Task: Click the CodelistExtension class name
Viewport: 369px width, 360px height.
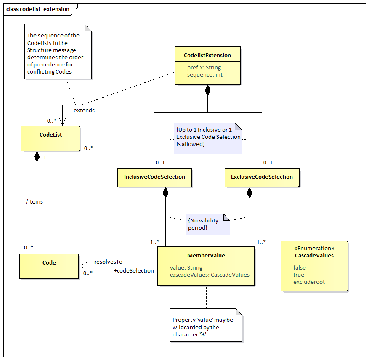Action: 207,55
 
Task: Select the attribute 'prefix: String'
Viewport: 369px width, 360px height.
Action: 204,68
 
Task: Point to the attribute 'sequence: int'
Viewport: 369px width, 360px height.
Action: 205,74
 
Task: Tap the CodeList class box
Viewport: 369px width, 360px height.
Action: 50,138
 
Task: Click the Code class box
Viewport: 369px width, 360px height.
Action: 49,266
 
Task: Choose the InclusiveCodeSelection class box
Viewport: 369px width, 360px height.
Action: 154,177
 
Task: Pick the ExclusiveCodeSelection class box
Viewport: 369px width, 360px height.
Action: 262,177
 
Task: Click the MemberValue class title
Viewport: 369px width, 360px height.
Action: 206,256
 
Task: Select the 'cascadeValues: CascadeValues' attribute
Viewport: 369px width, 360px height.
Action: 210,275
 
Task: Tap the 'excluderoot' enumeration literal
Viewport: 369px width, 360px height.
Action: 309,282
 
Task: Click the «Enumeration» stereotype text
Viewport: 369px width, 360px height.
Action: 314,248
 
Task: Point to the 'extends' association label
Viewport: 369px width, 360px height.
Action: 84,110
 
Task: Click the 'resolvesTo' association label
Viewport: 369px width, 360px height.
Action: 108,262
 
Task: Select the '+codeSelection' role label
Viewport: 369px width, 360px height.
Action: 134,270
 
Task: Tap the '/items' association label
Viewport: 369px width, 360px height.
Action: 35,201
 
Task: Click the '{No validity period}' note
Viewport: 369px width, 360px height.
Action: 207,224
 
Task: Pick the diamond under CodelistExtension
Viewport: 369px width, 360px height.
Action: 207,90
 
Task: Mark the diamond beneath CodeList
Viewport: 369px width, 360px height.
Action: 37,156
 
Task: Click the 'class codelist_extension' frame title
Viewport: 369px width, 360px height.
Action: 37,9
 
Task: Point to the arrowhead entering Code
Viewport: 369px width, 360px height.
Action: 82,266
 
